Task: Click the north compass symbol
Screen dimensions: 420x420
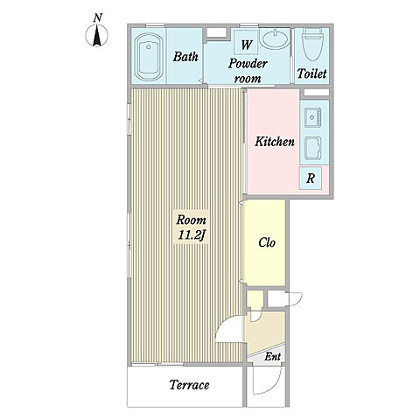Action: coord(96,36)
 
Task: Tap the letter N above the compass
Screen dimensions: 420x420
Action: coord(98,18)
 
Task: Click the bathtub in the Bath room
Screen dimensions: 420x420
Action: coord(150,57)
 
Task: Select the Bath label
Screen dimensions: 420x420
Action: coord(185,57)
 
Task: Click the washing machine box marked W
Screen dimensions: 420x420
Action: coord(247,42)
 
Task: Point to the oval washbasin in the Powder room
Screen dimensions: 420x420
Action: coord(275,39)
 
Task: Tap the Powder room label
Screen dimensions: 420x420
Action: coord(248,71)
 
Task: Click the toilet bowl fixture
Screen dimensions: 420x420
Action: coord(311,45)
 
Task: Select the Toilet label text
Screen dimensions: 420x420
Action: coord(311,73)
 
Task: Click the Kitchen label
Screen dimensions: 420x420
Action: coord(275,142)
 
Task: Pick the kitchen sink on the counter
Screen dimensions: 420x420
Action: coord(313,118)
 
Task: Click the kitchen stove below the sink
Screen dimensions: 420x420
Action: coord(313,149)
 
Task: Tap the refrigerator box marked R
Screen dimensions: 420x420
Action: coord(311,178)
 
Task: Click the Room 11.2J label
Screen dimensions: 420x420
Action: coord(191,227)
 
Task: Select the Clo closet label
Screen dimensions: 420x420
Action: coord(267,242)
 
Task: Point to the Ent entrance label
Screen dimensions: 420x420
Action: coord(273,356)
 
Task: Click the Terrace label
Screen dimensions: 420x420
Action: coord(189,385)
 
